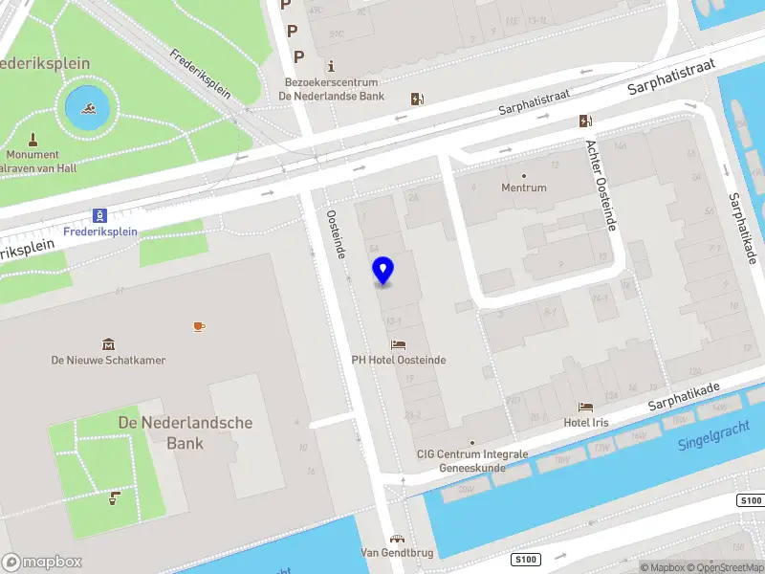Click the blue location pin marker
[x=383, y=270]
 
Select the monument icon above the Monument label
[x=33, y=139]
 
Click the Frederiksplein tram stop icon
[x=98, y=215]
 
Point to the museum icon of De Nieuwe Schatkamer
[x=108, y=344]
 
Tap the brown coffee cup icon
[x=199, y=326]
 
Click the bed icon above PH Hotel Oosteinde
[x=398, y=344]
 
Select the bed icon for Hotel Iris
[x=586, y=407]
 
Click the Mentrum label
[x=524, y=188]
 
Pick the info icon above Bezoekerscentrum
[x=331, y=66]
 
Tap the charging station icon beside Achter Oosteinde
[x=584, y=121]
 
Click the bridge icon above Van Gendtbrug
[x=397, y=539]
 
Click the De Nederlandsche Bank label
[x=185, y=432]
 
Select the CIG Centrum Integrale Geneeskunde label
[x=471, y=460]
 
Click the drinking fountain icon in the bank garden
[x=115, y=496]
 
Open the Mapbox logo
[x=42, y=563]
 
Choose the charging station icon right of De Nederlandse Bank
[x=417, y=99]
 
